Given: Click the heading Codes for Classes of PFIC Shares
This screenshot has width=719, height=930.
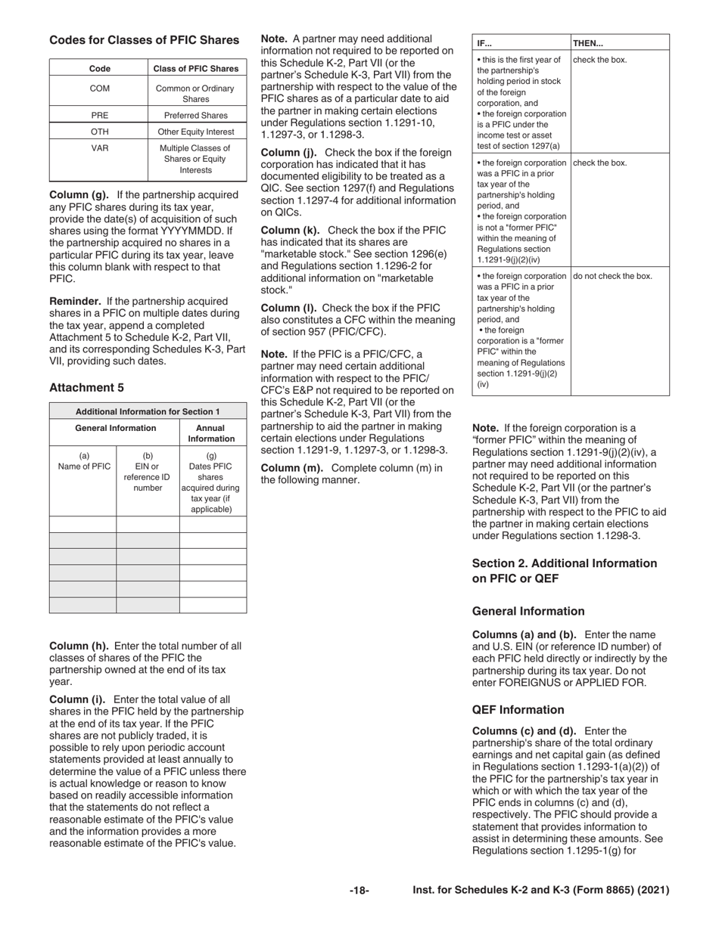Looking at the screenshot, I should pyautogui.click(x=144, y=40).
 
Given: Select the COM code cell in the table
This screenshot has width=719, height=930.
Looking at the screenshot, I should pyautogui.click(x=100, y=88).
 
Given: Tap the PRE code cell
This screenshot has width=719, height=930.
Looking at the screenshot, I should pyautogui.click(x=100, y=116).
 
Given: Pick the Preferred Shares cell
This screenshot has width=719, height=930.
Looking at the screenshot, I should pyautogui.click(x=195, y=116).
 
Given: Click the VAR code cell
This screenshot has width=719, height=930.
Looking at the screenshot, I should pyautogui.click(x=100, y=149).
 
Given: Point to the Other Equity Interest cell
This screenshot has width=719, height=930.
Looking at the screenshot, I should pyautogui.click(x=195, y=132).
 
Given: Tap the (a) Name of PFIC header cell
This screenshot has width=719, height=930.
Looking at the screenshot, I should pyautogui.click(x=83, y=461).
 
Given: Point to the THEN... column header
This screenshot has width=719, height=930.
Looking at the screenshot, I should pyautogui.click(x=588, y=43).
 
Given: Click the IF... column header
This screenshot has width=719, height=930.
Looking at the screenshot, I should pyautogui.click(x=485, y=43).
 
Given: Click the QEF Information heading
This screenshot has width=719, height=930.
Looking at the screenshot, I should pyautogui.click(x=518, y=710).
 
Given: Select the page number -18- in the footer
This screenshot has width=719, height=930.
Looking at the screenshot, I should pyautogui.click(x=359, y=891).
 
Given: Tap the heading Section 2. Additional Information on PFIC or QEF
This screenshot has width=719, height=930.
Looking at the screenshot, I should pyautogui.click(x=564, y=571).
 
